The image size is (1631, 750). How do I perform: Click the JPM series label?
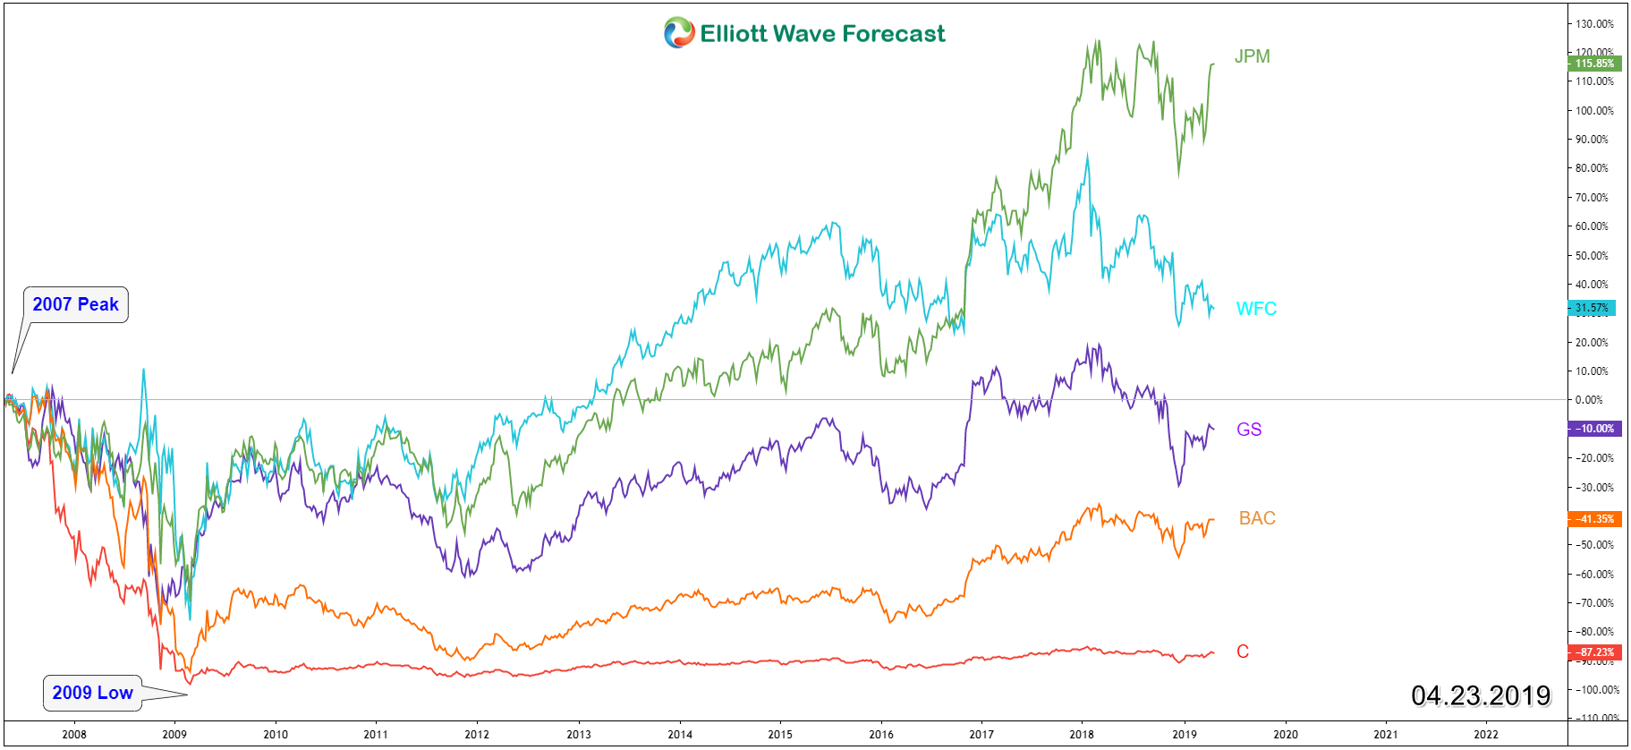coord(1252,56)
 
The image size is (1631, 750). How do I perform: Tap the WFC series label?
coord(1256,309)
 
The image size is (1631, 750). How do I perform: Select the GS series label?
coord(1249,430)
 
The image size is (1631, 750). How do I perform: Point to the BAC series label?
coord(1257,518)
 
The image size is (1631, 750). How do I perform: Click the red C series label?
coord(1243,652)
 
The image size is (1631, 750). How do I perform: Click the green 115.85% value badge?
coord(1594,64)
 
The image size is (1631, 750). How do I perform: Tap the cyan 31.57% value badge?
coord(1593,308)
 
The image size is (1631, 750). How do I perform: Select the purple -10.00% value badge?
coord(1594,429)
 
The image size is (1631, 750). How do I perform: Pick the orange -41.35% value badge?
coord(1594,519)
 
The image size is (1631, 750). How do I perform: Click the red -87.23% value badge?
coord(1594,652)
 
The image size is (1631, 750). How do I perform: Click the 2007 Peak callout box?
coord(76,304)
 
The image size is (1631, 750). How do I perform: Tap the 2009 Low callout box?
coord(92,693)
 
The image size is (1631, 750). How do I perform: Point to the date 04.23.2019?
coord(1481,695)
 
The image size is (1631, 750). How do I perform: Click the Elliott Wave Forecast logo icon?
coord(679,33)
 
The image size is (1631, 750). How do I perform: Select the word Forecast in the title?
coord(893,34)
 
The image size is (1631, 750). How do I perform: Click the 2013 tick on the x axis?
coord(579,734)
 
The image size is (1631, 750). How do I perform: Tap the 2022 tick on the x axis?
coord(1486,734)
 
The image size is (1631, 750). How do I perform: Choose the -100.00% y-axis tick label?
coord(1596,690)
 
